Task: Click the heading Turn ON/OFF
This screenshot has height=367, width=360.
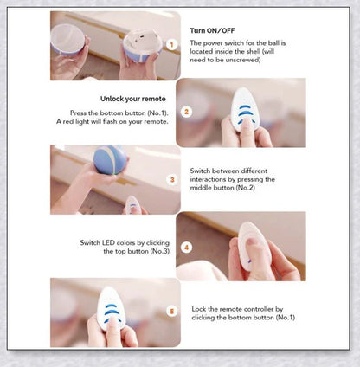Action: pyautogui.click(x=212, y=30)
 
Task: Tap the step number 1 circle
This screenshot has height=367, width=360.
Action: pyautogui.click(x=172, y=45)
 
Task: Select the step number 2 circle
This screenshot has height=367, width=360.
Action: pyautogui.click(x=186, y=112)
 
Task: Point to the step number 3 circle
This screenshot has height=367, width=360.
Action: pyautogui.click(x=172, y=180)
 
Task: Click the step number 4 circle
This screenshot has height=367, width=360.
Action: pyautogui.click(x=186, y=248)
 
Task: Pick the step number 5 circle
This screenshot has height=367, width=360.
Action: pyautogui.click(x=172, y=312)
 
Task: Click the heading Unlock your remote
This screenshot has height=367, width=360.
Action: pyautogui.click(x=133, y=99)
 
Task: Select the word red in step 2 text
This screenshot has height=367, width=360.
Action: pyautogui.click(x=68, y=121)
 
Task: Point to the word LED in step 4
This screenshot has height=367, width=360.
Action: pyautogui.click(x=109, y=242)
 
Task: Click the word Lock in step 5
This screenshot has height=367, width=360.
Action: pyautogui.click(x=199, y=309)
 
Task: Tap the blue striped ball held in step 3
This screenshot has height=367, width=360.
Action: pyautogui.click(x=110, y=160)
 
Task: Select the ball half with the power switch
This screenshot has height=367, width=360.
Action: pyautogui.click(x=142, y=46)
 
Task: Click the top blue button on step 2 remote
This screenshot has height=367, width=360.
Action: pyautogui.click(x=244, y=106)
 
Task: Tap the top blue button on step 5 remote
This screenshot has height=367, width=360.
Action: pyautogui.click(x=111, y=306)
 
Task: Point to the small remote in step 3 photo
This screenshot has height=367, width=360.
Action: pyautogui.click(x=132, y=204)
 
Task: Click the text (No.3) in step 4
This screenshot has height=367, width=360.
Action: pyautogui.click(x=160, y=251)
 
